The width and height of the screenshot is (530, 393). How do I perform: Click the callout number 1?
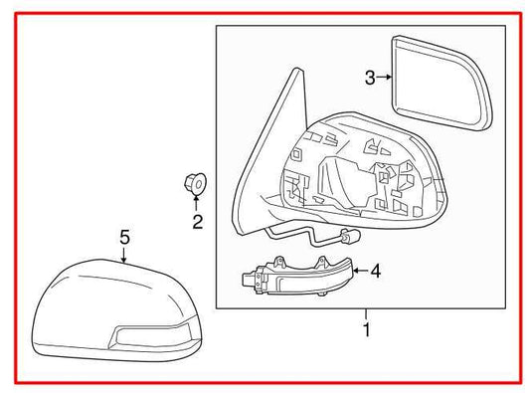(x=366, y=329)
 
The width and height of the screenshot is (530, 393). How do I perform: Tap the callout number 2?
(x=197, y=222)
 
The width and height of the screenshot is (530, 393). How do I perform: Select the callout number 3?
(x=369, y=77)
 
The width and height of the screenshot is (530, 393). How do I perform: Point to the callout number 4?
(x=375, y=269)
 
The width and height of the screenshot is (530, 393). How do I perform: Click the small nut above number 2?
(x=195, y=183)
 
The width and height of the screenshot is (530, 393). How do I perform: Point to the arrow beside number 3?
(x=385, y=77)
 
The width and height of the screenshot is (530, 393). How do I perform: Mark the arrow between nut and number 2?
(x=196, y=202)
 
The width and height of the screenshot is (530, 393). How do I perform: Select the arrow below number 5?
(x=124, y=256)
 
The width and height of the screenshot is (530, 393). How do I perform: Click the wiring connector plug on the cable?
(x=349, y=239)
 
